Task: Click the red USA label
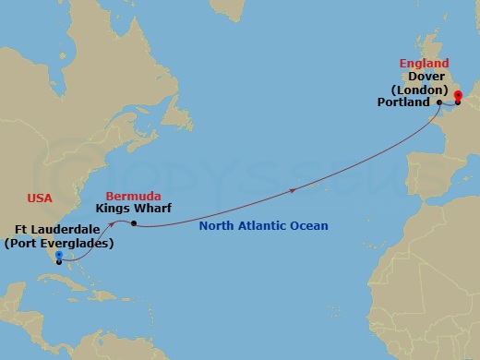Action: point(39,198)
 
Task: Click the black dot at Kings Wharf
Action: point(135,223)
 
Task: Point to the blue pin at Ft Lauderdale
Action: point(58,256)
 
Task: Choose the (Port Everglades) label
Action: point(59,244)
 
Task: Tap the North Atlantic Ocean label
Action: point(266,226)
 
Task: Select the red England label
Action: point(423,64)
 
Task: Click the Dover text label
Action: point(426,77)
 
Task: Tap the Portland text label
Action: point(403,102)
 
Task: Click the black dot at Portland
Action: point(438,102)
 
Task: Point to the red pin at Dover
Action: point(458,96)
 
